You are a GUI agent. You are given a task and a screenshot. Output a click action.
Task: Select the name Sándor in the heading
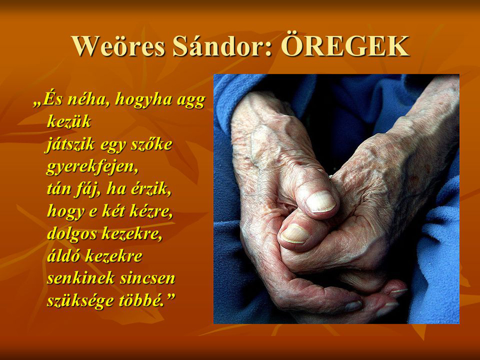tap(222, 46)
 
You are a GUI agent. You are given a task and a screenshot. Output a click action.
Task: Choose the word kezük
tap(69, 121)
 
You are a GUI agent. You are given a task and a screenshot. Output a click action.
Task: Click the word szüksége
tap(80, 301)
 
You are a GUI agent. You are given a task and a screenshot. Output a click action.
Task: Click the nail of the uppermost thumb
tap(321, 202)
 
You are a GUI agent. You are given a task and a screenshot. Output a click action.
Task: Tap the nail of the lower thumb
tap(295, 234)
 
